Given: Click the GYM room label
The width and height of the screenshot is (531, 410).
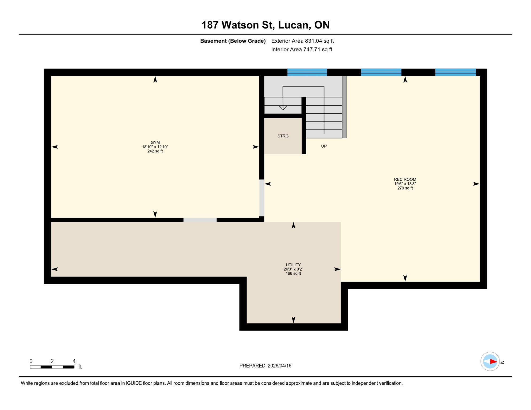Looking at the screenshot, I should (155, 143).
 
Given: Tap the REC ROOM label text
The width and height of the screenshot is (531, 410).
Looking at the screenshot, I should (405, 179).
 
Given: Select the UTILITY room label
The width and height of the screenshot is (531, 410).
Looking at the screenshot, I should (293, 265).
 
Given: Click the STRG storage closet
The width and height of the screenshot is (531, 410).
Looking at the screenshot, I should (283, 136).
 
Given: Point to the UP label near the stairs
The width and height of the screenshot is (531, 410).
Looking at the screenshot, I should (324, 146).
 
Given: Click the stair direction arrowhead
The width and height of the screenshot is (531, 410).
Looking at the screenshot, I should (283, 108).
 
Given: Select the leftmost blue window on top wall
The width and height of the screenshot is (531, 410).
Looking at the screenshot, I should (307, 72).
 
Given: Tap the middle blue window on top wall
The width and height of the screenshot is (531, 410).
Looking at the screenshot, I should (381, 72).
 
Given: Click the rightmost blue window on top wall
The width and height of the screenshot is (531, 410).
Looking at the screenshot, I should (455, 72).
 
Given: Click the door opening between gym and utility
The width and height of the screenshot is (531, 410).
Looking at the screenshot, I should (200, 220).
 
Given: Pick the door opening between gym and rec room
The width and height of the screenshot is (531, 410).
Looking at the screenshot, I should (261, 198).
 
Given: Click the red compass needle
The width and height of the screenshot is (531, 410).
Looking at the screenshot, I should (493, 362).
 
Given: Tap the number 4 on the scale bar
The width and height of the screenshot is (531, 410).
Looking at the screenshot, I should (74, 361).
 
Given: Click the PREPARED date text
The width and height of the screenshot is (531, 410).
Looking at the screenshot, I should (265, 366).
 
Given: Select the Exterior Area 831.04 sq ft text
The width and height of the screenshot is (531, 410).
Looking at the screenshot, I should (302, 41).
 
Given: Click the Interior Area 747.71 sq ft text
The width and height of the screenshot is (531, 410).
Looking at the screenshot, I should (302, 49).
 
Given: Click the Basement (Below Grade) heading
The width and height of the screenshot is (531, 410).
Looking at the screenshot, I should (233, 41).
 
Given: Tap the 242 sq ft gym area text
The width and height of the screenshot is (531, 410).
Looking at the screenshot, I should (155, 151).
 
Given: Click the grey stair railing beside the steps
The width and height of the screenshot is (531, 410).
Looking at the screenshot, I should (344, 107).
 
